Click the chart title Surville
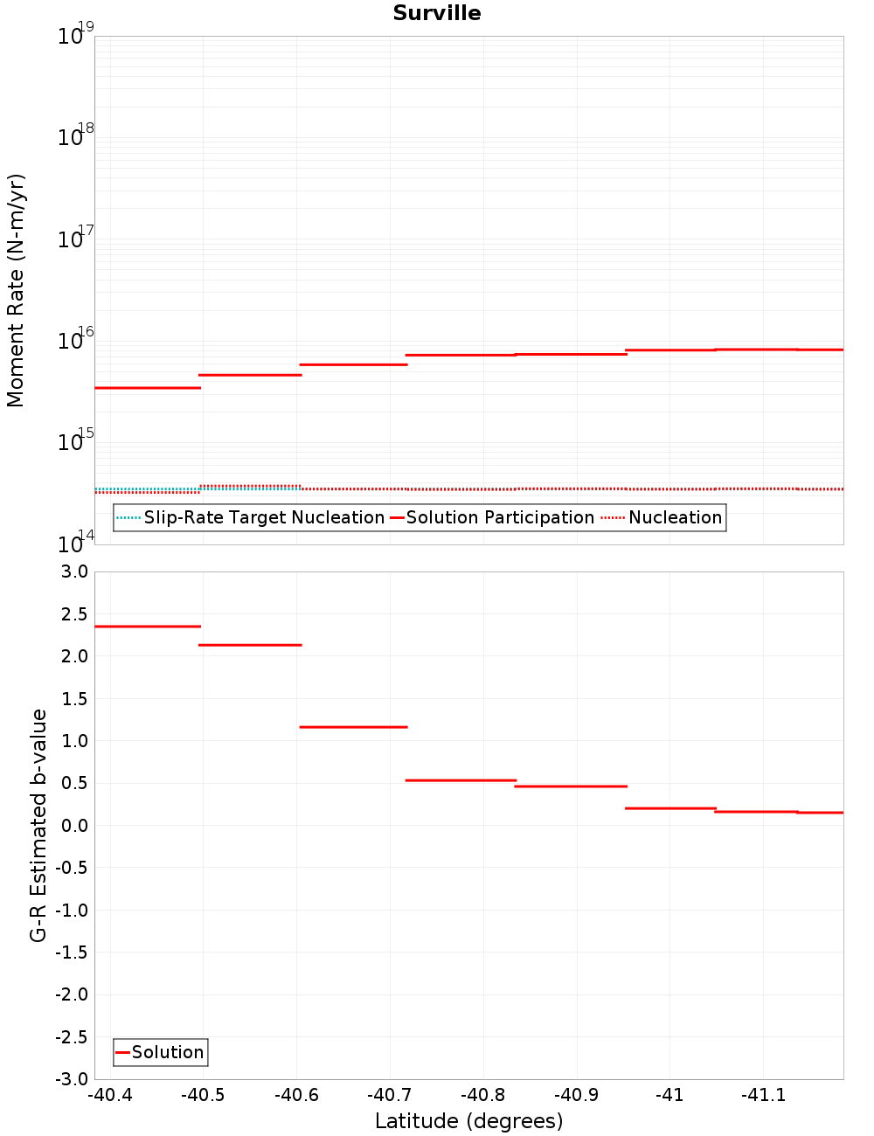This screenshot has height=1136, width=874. (x=437, y=13)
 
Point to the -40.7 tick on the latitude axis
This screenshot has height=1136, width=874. (x=390, y=1096)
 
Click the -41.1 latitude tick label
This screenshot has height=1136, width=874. (x=763, y=1096)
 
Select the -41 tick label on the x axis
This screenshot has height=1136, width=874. (x=669, y=1096)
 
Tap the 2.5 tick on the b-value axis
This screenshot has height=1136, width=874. (x=73, y=614)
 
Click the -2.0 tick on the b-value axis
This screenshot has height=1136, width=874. (x=71, y=994)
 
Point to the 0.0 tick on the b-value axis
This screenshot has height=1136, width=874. (x=73, y=826)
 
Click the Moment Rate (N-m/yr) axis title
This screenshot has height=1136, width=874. (x=16, y=290)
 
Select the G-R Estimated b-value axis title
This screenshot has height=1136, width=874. (x=38, y=825)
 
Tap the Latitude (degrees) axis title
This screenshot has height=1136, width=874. (x=468, y=1121)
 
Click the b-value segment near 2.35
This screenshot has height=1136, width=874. (x=148, y=627)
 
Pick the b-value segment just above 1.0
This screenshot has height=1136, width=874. (x=353, y=727)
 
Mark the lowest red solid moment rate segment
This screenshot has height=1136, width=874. (x=148, y=387)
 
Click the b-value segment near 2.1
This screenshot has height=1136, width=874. (x=250, y=645)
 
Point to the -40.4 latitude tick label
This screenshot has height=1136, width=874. (x=110, y=1096)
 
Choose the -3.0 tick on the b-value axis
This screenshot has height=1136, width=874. (x=71, y=1079)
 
